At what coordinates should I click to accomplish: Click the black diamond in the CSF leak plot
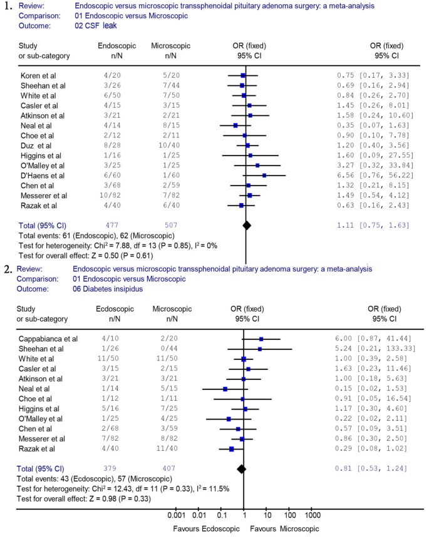click(x=247, y=224)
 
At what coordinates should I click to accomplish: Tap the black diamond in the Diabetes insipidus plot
click(x=240, y=468)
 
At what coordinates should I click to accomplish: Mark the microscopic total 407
click(x=166, y=468)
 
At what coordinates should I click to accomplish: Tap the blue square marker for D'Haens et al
click(x=264, y=176)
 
